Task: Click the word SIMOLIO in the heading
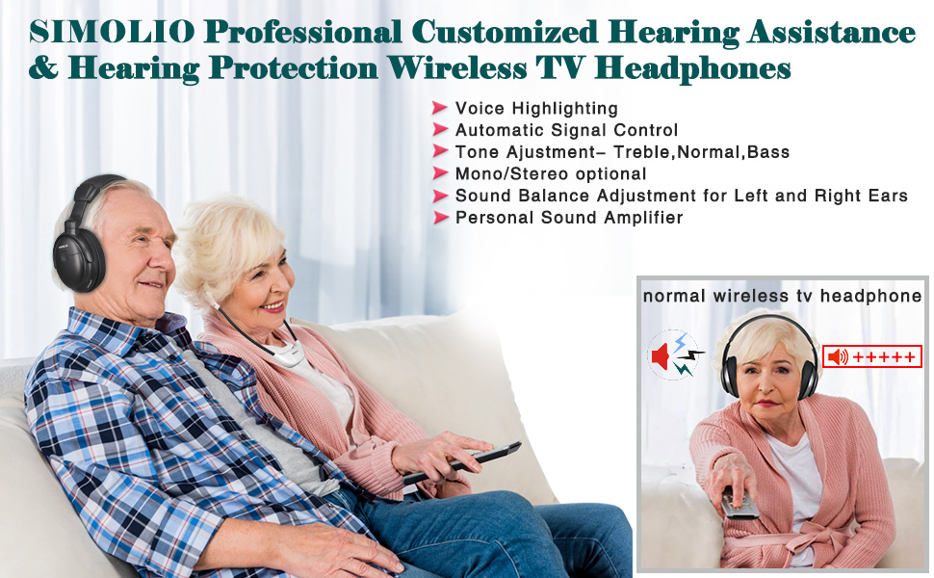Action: point(112,32)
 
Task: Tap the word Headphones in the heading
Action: point(692,68)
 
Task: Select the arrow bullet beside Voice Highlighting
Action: point(440,108)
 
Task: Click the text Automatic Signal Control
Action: point(566,130)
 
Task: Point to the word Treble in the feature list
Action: point(641,152)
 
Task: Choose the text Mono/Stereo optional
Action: point(551,174)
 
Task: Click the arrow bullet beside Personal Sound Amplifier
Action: point(440,218)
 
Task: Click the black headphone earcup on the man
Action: point(78,260)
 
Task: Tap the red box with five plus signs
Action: point(872,357)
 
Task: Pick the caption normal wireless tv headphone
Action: point(782,296)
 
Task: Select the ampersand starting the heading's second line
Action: point(43,67)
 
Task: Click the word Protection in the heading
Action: point(294,67)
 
